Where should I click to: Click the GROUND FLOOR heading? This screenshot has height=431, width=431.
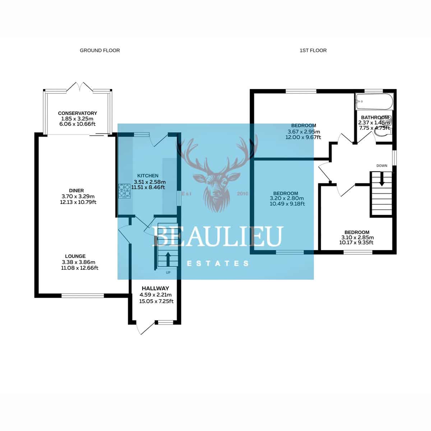pyautogui.click(x=100, y=51)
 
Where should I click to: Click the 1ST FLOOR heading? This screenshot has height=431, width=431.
pyautogui.click(x=313, y=51)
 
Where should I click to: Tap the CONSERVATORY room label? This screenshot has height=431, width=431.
pyautogui.click(x=77, y=113)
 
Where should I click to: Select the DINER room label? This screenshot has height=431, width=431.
pyautogui.click(x=77, y=191)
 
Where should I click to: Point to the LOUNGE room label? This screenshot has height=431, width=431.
pyautogui.click(x=75, y=256)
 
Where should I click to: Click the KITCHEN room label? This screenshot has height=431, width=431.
pyautogui.click(x=148, y=176)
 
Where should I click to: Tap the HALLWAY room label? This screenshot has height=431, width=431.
pyautogui.click(x=156, y=288)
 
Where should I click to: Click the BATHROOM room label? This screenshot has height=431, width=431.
pyautogui.click(x=375, y=117)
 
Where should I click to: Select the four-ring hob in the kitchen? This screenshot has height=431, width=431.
pyautogui.click(x=125, y=191)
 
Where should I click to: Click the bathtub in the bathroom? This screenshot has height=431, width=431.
pyautogui.click(x=374, y=102)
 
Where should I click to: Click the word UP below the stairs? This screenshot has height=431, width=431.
pyautogui.click(x=168, y=273)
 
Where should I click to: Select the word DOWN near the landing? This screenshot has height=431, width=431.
pyautogui.click(x=382, y=166)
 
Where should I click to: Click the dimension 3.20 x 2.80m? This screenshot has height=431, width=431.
pyautogui.click(x=287, y=198)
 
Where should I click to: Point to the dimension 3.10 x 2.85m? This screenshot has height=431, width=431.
pyautogui.click(x=357, y=237)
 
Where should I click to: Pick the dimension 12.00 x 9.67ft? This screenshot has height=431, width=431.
pyautogui.click(x=303, y=137)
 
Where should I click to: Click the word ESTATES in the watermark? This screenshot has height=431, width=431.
pyautogui.click(x=218, y=264)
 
